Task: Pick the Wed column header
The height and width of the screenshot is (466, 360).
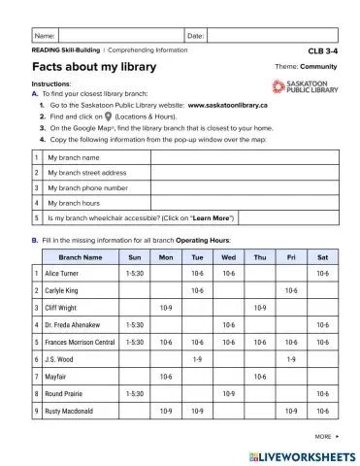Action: (228, 258)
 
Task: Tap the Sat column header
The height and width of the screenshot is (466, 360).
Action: (321, 258)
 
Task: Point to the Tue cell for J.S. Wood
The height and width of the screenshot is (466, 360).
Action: (197, 359)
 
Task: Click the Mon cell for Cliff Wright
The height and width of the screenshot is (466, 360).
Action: (166, 308)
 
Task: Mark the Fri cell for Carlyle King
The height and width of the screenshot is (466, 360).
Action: (290, 291)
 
